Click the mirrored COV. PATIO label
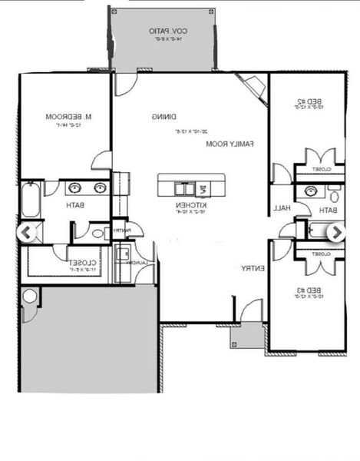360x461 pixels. [x=168, y=31]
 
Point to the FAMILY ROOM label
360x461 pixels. [x=230, y=144]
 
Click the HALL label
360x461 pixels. [x=281, y=208]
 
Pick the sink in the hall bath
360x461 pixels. [x=311, y=191]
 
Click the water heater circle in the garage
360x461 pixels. [x=30, y=296]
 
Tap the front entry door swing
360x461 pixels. [x=251, y=310]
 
